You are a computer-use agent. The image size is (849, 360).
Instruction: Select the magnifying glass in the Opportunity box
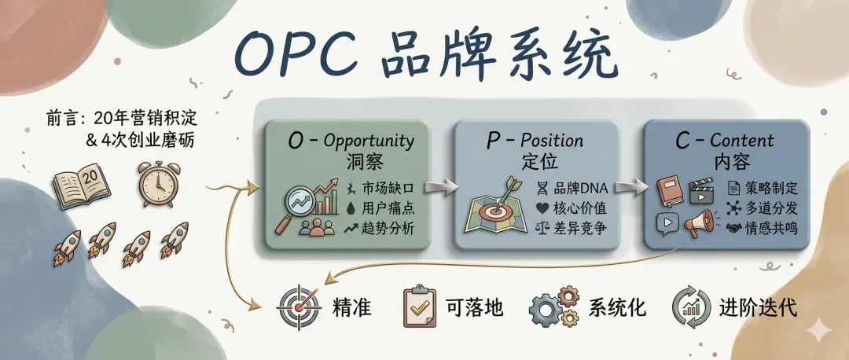click(294, 206)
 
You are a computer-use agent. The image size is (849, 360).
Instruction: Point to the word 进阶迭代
click(757, 307)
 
